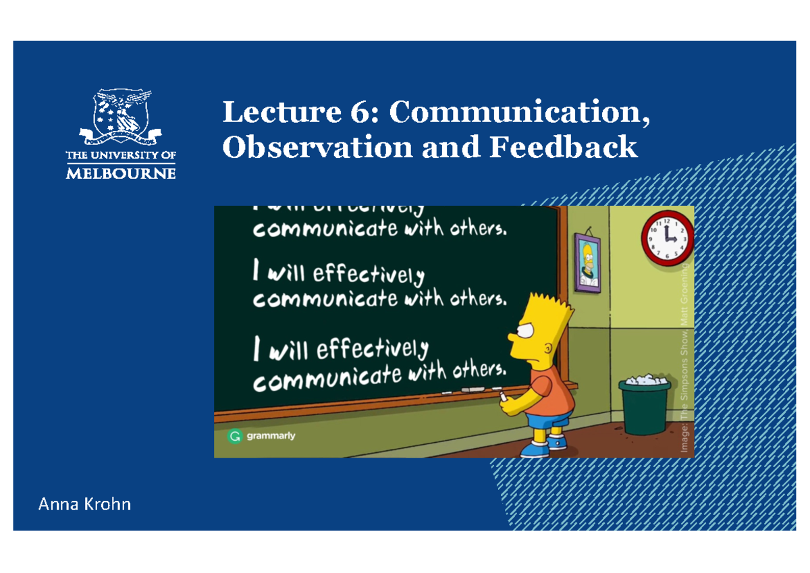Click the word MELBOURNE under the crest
[x=121, y=173]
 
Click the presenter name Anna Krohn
[x=84, y=504]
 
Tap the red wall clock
[x=667, y=238]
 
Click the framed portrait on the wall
[x=587, y=262]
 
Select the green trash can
[x=645, y=408]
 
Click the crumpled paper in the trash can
[x=644, y=379]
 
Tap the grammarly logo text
[x=271, y=436]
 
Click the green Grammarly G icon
[x=234, y=437]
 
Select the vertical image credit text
[x=684, y=361]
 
